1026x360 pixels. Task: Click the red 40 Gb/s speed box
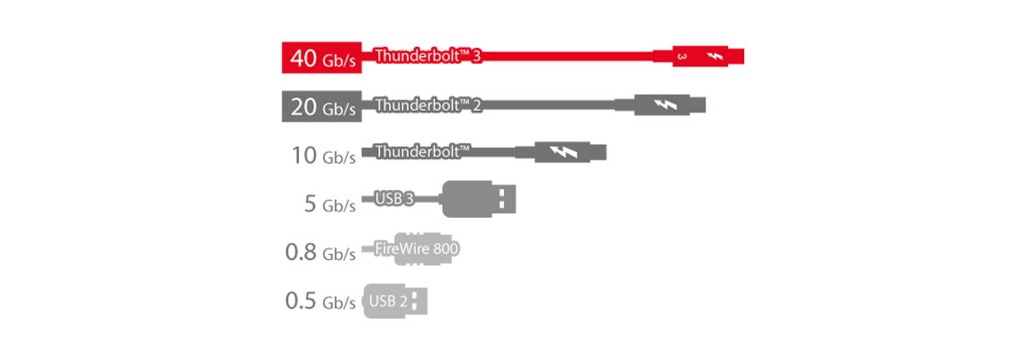321,58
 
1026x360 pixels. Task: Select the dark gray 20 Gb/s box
321,106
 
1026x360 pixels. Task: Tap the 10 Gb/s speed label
323,155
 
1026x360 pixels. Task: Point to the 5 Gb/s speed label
330,203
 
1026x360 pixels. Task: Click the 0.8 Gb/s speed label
320,252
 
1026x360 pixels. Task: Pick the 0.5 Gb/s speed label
320,301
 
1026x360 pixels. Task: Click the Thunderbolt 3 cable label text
428,56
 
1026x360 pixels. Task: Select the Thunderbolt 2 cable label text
428,105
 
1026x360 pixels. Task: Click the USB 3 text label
394,199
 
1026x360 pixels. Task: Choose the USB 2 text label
388,301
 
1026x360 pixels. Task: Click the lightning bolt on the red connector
715,57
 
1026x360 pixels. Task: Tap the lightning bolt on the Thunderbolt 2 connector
668,104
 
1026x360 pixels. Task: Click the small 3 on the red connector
681,57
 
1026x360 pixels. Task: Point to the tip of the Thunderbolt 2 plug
700,104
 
